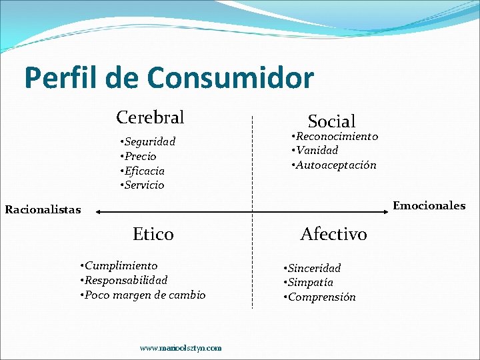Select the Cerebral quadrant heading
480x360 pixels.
[x=150, y=117]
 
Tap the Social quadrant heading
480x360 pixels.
[x=331, y=121]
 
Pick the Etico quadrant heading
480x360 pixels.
[x=153, y=234]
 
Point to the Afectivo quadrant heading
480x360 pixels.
[x=333, y=234]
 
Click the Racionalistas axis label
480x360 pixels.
[x=43, y=210]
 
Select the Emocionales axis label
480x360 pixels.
[x=429, y=205]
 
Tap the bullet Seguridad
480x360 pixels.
[x=147, y=141]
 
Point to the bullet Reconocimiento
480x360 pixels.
[x=335, y=136]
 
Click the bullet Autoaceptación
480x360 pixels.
[x=335, y=165]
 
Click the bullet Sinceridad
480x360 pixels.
[x=313, y=268]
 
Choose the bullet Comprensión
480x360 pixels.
[x=321, y=297]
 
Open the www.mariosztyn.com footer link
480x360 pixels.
[x=181, y=348]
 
